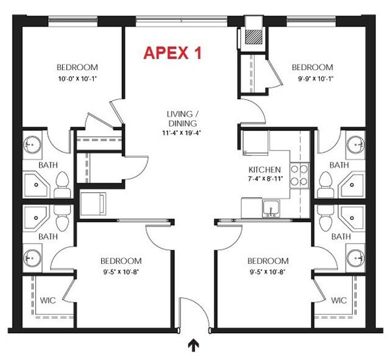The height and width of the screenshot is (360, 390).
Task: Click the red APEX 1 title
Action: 172,53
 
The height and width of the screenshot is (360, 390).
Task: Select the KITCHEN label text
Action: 264,170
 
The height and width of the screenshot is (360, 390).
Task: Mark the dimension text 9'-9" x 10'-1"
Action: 311,78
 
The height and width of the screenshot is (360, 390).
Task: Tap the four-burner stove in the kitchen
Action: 299,175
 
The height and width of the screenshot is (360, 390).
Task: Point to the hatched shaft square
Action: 252,36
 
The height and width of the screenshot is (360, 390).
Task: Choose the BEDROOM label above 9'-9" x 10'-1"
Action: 311,68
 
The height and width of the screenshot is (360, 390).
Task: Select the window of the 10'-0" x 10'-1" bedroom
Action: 73,20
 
